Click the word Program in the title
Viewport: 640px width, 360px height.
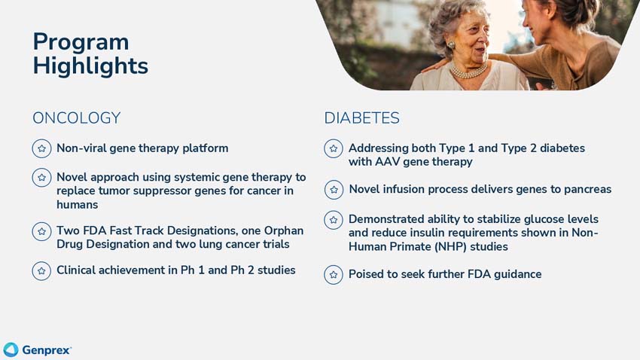(81, 42)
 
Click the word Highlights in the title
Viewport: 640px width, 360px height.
(90, 66)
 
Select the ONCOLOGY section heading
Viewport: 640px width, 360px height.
(76, 118)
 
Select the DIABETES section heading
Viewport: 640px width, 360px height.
(361, 118)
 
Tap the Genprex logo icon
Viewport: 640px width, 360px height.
(11, 349)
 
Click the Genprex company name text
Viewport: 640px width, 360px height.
(47, 350)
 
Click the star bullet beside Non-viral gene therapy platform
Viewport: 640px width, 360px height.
(41, 148)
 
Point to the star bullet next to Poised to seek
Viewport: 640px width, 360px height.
(334, 275)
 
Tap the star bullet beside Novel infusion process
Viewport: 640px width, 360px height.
(334, 190)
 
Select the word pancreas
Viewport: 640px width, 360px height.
(584, 189)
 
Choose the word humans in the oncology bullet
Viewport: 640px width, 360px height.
(78, 205)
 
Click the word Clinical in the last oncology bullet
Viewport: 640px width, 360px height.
(79, 270)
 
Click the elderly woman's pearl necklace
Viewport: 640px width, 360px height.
(468, 72)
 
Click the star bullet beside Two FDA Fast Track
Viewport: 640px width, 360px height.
(41, 231)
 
